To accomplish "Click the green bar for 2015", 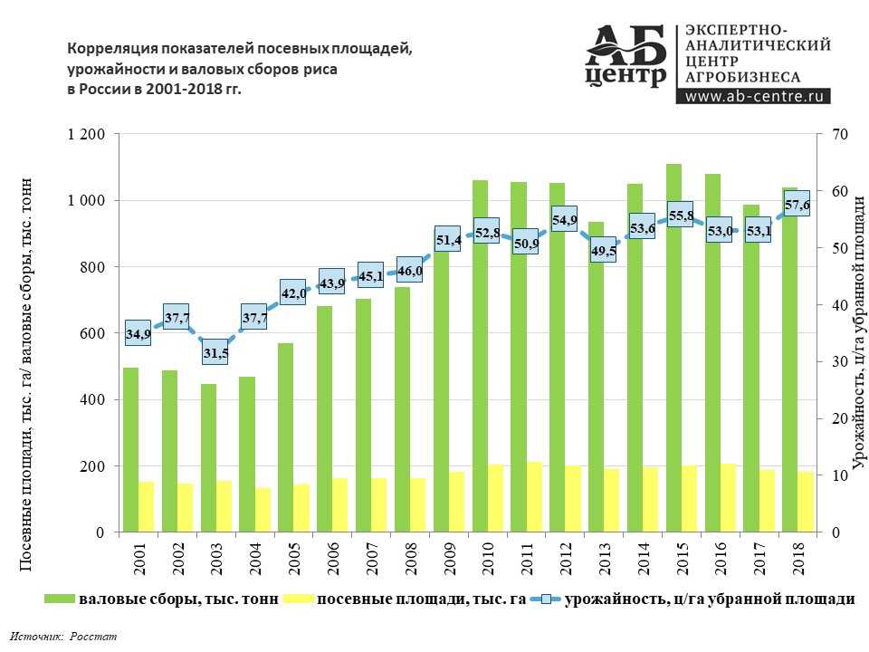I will (x=673, y=344).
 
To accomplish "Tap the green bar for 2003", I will (x=208, y=457).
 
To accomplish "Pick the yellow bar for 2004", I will (x=263, y=509).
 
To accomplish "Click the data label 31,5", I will (x=215, y=352).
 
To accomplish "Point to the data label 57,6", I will (x=797, y=206).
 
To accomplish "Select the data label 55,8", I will (x=681, y=216).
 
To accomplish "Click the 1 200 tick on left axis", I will (x=87, y=134).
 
